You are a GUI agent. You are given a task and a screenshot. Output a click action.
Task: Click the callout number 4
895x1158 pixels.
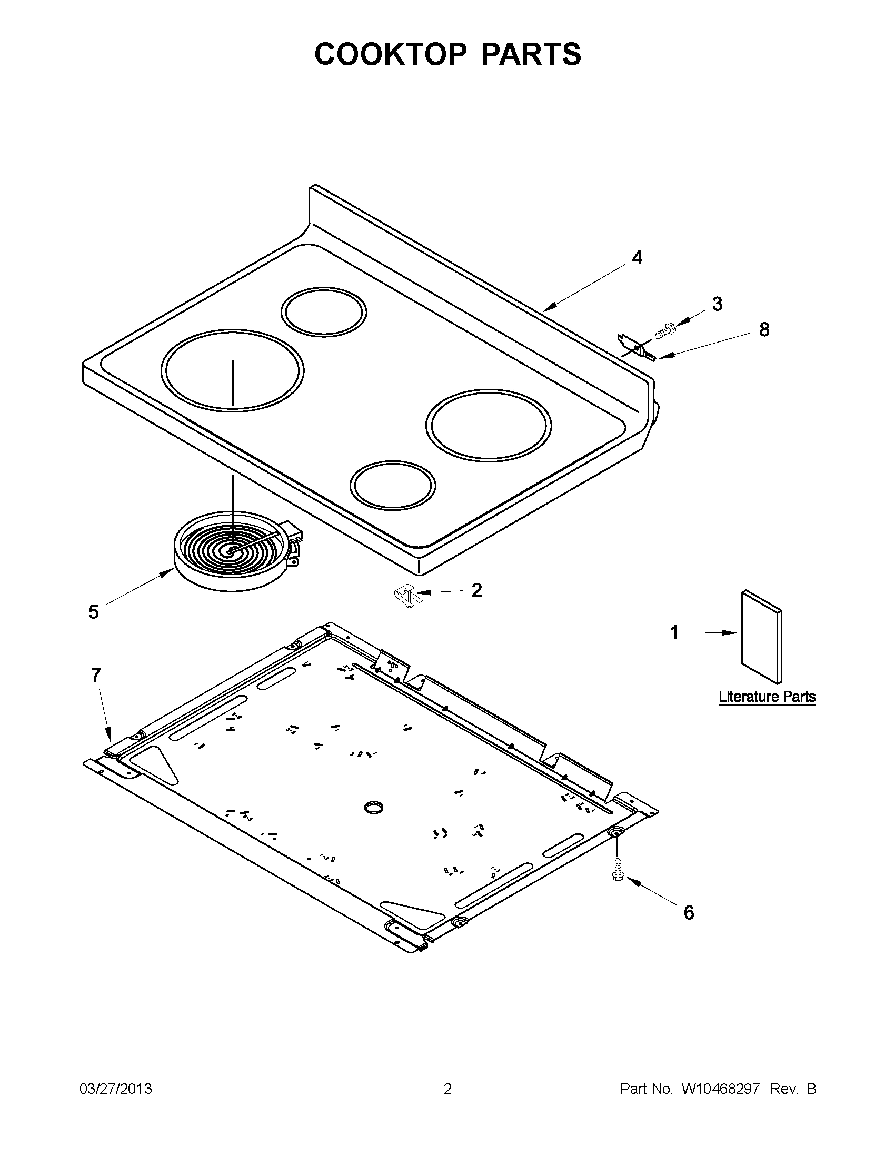pyautogui.click(x=637, y=258)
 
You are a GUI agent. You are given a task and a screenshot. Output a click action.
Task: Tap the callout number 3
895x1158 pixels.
pyautogui.click(x=717, y=304)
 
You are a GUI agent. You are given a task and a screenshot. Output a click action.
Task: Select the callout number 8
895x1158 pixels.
pyautogui.click(x=763, y=330)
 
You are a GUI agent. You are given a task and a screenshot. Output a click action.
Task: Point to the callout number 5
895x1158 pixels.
pyautogui.click(x=93, y=612)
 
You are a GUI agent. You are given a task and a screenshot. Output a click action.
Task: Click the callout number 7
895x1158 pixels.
pyautogui.click(x=96, y=675)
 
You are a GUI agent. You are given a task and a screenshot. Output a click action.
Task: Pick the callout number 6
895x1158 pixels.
pyautogui.click(x=689, y=912)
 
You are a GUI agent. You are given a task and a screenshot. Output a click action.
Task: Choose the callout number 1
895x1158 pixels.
pyautogui.click(x=674, y=632)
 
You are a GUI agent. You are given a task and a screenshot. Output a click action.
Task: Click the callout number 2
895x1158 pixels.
pyautogui.click(x=476, y=590)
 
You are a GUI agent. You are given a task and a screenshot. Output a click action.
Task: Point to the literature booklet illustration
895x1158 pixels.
pyautogui.click(x=761, y=636)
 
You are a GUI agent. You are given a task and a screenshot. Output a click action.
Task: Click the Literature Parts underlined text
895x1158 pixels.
pyautogui.click(x=767, y=697)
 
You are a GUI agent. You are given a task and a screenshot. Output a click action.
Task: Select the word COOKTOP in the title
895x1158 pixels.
pyautogui.click(x=391, y=54)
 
